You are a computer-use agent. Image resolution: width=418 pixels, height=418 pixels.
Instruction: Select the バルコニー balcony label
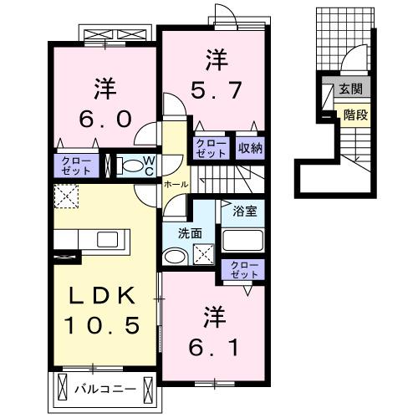click(x=104, y=389)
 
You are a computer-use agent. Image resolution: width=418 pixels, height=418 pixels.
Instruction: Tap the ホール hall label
click(x=175, y=183)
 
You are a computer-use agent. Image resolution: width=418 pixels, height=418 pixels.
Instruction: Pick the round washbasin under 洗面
click(x=173, y=257)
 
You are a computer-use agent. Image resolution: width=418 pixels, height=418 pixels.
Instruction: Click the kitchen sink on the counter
click(x=107, y=240)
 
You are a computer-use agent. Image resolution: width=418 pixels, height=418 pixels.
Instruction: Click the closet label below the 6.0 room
click(x=75, y=165)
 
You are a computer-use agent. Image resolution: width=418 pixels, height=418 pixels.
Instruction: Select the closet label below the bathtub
click(x=246, y=270)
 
